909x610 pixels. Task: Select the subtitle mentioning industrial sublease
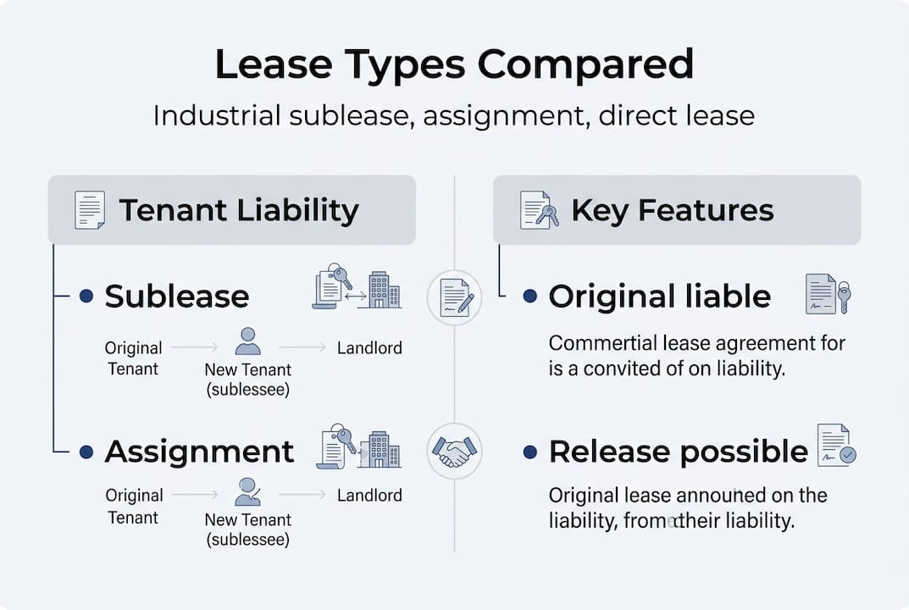coord(454,114)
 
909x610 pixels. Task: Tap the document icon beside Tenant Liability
coord(89,210)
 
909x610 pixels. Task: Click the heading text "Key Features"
coord(673,210)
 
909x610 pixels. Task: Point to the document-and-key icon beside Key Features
coord(539,210)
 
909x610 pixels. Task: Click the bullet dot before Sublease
coord(85,296)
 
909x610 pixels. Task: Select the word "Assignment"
coord(199,451)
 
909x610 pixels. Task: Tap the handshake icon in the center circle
coord(454,450)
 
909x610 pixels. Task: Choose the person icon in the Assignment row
coord(247,491)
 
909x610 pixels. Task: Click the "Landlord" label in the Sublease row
coord(369,347)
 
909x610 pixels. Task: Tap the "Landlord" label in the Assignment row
coord(369,495)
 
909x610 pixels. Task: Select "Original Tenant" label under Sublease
coord(133,358)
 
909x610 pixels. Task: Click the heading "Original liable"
coord(659,296)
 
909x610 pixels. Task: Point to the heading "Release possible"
coord(678,451)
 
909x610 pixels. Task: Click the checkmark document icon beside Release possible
coord(836,446)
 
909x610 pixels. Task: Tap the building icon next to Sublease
coord(384,291)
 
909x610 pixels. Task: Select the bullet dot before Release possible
coord(530,452)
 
